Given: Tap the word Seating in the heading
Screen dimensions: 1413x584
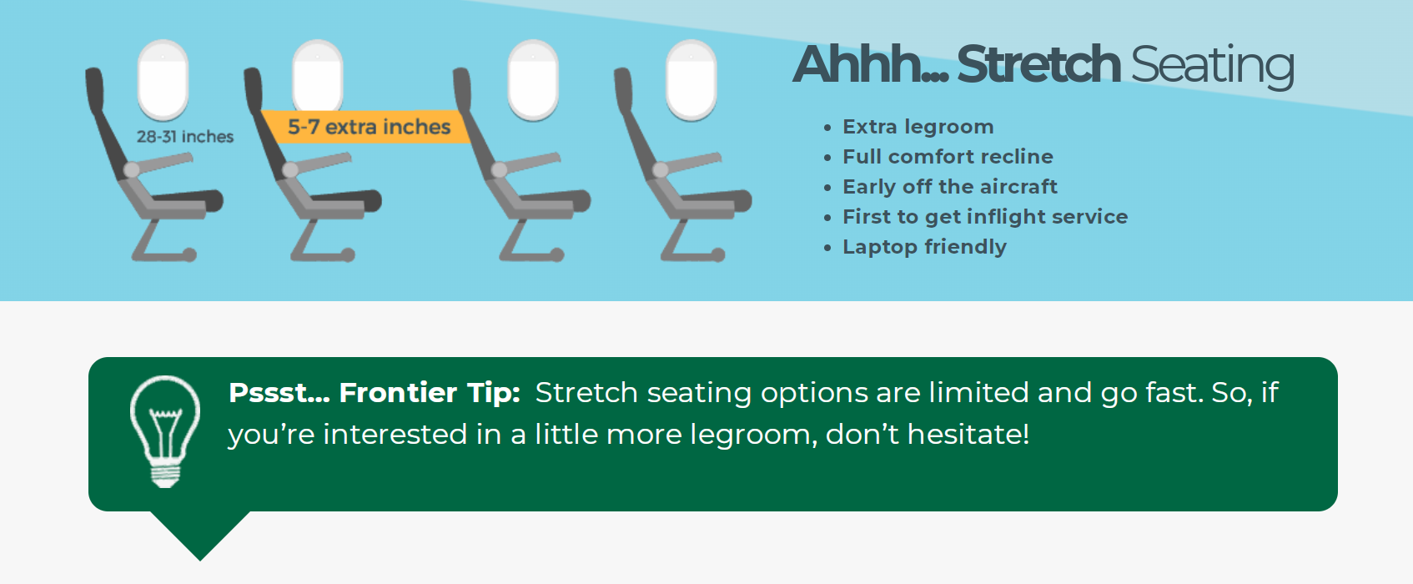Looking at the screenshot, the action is point(1213,67).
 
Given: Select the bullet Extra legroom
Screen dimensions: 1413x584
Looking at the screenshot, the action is point(918,127).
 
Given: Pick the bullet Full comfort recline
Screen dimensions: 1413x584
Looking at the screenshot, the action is point(948,156).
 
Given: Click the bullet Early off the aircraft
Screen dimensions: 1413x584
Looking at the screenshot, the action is point(950,187).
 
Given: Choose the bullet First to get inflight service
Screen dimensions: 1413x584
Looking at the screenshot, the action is point(985,217).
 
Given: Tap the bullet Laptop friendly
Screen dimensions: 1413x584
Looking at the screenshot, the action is point(925,247).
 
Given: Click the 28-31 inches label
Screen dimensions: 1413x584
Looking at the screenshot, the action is point(185,137).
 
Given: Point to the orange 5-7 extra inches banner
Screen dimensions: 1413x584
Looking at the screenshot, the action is point(368,127).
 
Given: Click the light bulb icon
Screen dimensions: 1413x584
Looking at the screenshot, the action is point(165,431).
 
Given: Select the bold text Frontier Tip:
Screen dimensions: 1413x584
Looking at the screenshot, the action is point(430,393).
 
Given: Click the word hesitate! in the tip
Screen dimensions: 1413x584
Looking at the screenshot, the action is point(968,434).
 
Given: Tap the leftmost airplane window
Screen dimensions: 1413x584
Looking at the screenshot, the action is point(163,78).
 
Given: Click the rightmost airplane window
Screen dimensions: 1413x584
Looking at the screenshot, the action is point(691,78).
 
